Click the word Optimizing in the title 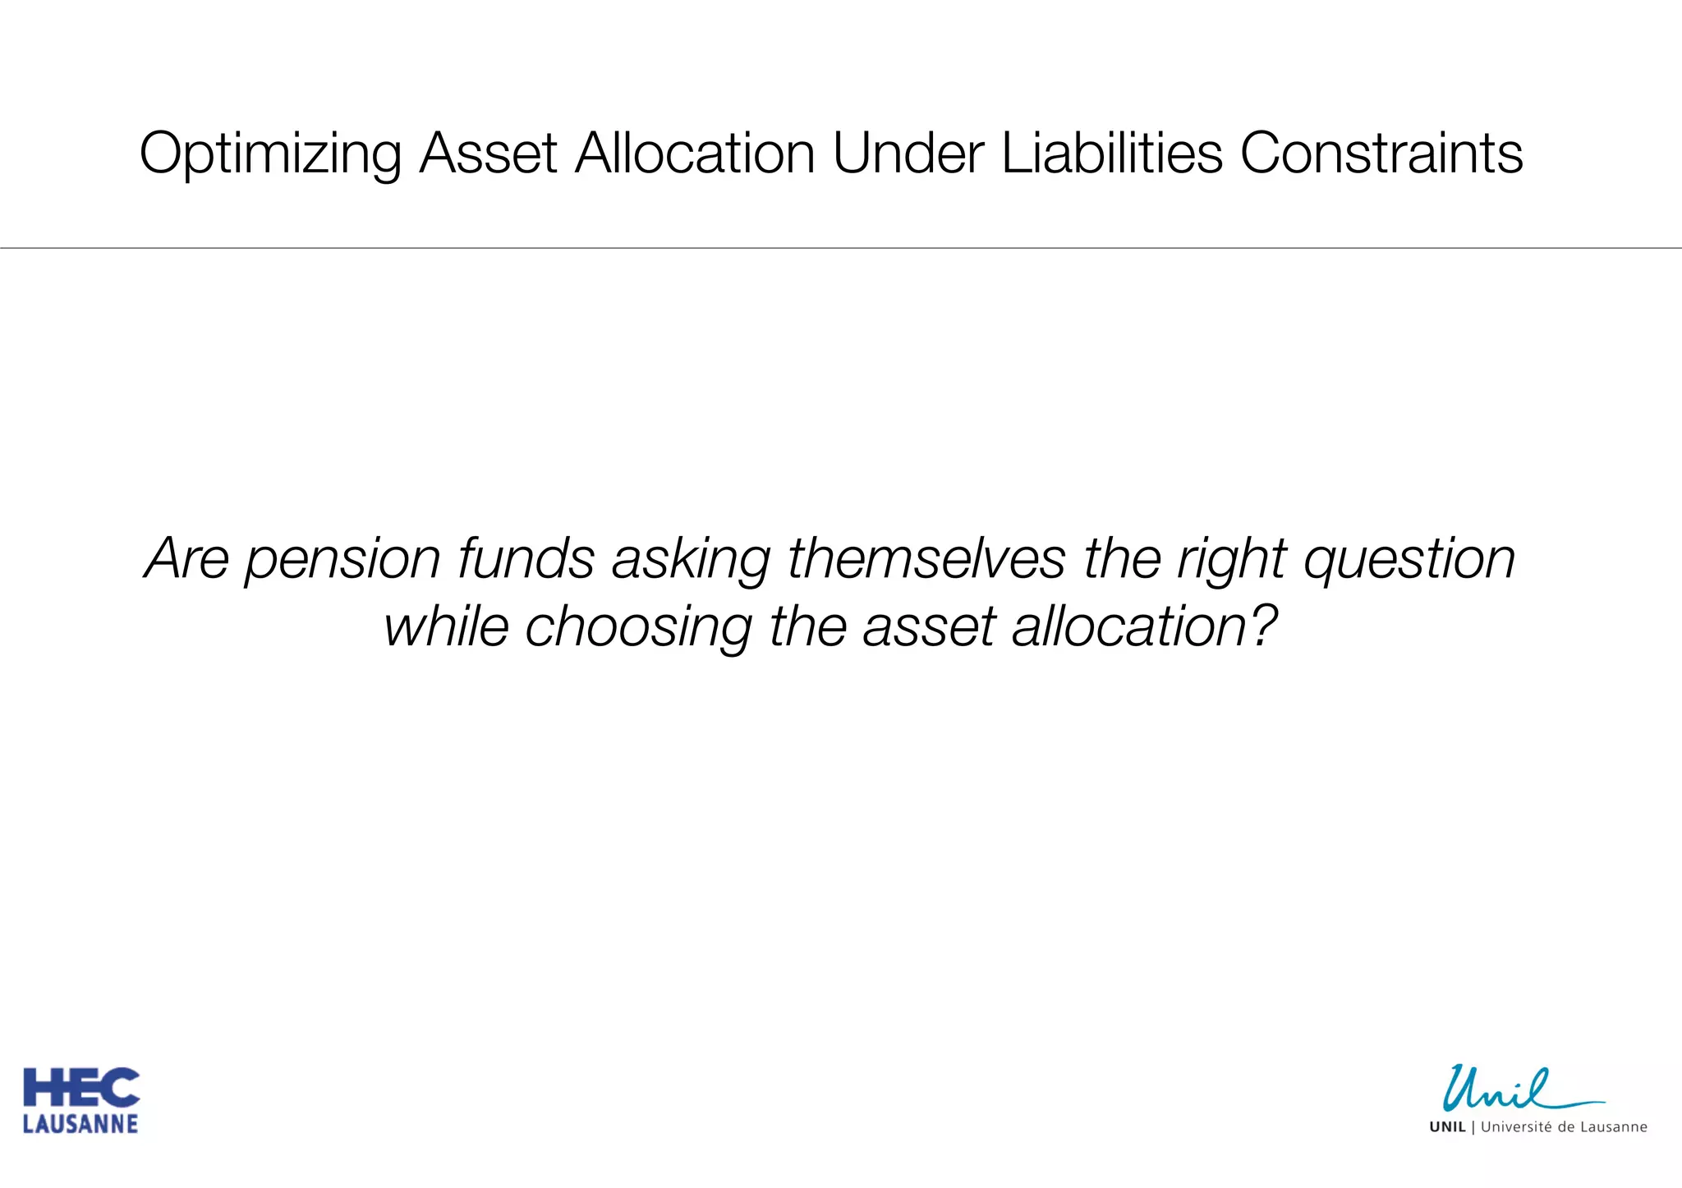point(270,154)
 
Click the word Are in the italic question point(186,559)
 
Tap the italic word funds point(526,559)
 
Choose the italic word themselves point(926,559)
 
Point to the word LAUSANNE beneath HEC point(80,1124)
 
